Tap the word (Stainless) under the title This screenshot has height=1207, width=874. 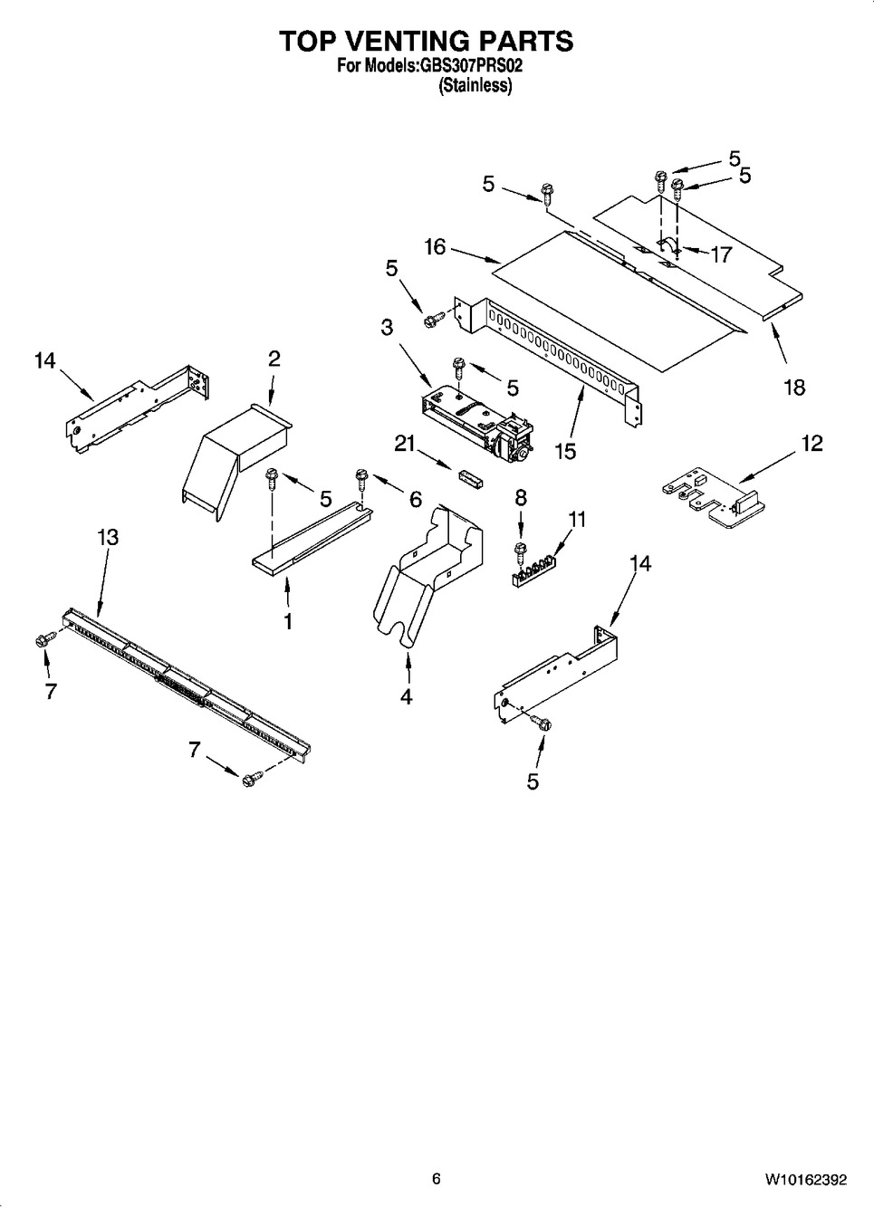[475, 86]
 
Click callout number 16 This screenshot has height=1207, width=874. [435, 246]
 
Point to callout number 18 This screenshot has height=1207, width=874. [794, 387]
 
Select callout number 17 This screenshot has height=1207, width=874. [720, 254]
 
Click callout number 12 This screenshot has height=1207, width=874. [812, 443]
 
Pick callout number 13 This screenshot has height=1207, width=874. [107, 537]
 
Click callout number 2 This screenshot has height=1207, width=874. [274, 358]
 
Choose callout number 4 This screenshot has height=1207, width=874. [407, 696]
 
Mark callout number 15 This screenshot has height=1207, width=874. [565, 450]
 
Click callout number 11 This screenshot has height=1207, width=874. [577, 519]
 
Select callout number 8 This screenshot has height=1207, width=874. [520, 496]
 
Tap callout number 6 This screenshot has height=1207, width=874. [415, 498]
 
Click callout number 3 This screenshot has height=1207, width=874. [387, 326]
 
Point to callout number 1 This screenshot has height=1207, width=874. [288, 622]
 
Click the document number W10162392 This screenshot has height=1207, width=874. [806, 1179]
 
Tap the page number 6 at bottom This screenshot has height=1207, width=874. [436, 1179]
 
